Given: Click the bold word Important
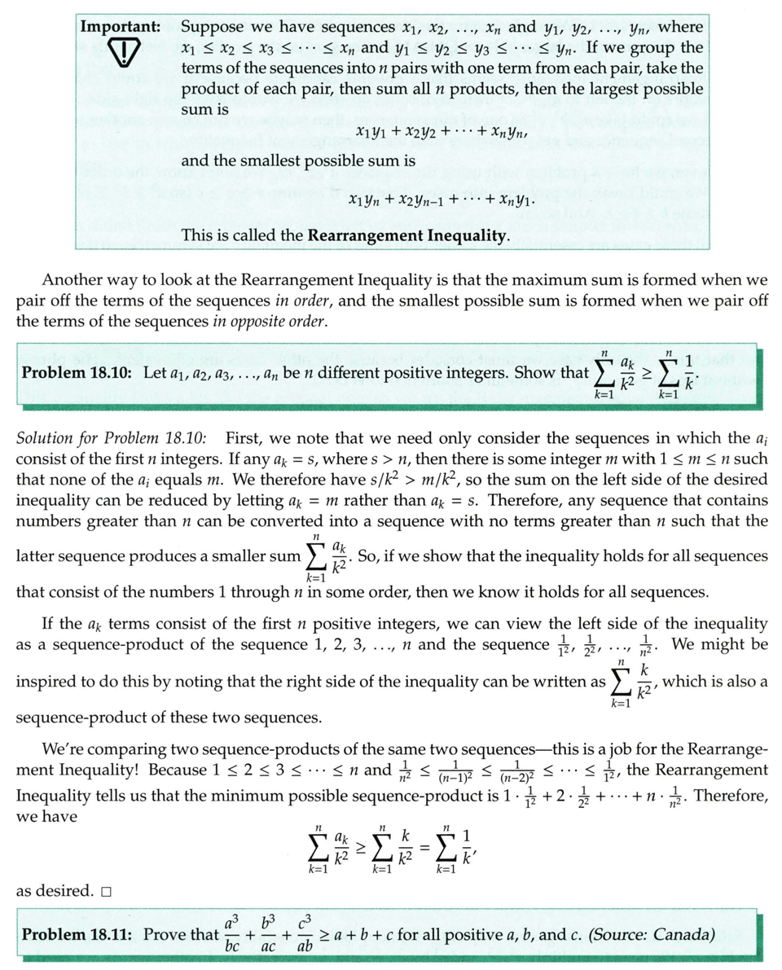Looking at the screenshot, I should (x=120, y=27).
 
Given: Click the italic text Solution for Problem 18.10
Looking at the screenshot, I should (x=111, y=438).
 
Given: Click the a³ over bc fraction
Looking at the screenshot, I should (x=234, y=934).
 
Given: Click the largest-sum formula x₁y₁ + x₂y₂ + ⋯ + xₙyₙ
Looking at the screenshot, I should (x=442, y=130).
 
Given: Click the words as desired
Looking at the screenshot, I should (x=54, y=890).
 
